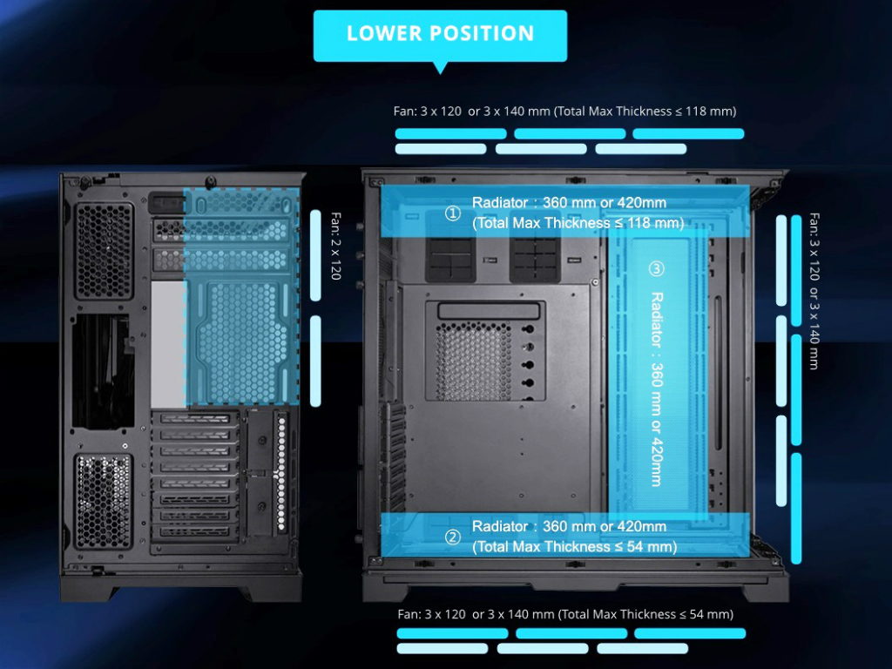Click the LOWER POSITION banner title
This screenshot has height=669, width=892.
(x=440, y=34)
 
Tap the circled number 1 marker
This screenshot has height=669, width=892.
(x=453, y=213)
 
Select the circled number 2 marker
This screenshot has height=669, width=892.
(x=453, y=537)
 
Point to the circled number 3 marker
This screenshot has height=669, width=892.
(x=657, y=268)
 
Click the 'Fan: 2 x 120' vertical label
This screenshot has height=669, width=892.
(x=336, y=246)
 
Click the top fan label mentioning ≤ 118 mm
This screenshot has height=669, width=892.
(x=564, y=111)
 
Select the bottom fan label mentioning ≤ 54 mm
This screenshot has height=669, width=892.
(x=565, y=614)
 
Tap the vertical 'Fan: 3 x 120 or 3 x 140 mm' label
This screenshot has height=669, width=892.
(x=814, y=291)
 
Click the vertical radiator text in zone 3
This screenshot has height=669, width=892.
(x=657, y=389)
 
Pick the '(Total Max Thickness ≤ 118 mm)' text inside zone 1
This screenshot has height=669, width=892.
(x=578, y=223)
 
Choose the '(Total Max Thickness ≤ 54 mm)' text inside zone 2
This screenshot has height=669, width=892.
(x=575, y=547)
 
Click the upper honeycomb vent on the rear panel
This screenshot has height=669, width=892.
(x=105, y=251)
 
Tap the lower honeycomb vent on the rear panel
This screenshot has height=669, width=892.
(x=104, y=501)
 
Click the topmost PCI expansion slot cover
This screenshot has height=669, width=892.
(x=195, y=419)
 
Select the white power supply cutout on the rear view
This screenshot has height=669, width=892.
(x=169, y=343)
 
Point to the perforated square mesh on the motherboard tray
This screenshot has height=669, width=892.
(x=473, y=361)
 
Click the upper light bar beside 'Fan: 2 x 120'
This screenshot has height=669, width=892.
(x=315, y=255)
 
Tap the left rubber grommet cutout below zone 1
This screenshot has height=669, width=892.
(x=450, y=259)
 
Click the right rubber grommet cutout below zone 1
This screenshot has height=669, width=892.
(x=535, y=259)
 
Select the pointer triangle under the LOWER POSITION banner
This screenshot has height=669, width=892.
(x=440, y=67)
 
